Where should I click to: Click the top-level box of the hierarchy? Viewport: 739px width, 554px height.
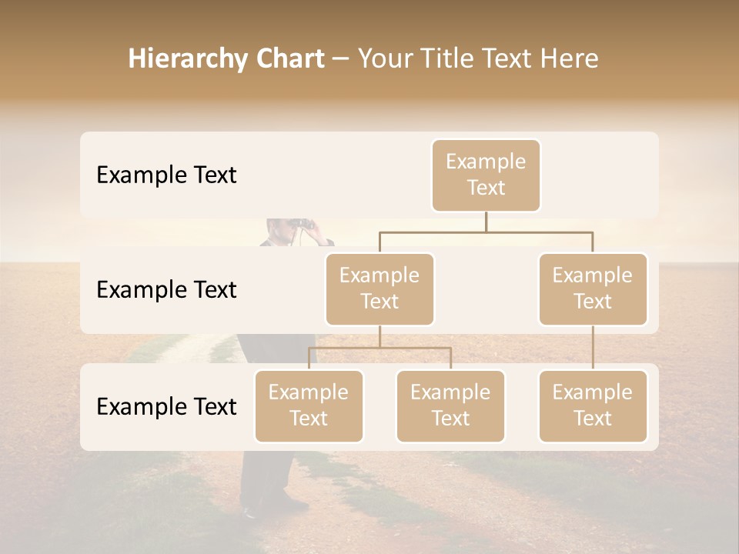[486, 175]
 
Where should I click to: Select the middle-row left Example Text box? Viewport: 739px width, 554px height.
[380, 289]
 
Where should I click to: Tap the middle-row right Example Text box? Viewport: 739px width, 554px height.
[593, 289]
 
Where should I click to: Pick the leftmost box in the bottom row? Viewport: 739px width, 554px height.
[309, 405]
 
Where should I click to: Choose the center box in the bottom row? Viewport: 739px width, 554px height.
[450, 405]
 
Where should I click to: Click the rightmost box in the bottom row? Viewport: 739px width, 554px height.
[593, 405]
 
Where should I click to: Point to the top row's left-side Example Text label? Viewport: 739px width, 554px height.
[166, 175]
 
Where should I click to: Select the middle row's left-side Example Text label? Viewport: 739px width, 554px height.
[166, 290]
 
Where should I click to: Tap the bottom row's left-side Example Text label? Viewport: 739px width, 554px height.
[166, 407]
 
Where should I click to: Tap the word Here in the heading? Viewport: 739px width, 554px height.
[570, 59]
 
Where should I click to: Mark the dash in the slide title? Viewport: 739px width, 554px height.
[341, 59]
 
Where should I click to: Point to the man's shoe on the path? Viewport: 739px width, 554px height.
[251, 511]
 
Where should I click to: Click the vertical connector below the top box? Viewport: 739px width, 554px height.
[486, 222]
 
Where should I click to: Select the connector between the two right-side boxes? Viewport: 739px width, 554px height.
[593, 348]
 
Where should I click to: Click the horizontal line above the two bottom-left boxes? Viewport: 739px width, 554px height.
[380, 348]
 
